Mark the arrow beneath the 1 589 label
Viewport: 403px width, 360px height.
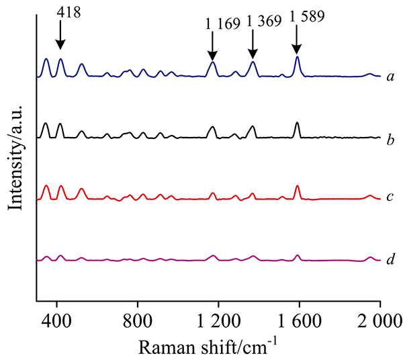296,42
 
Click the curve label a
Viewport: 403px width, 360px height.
390,76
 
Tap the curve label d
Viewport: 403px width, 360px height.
390,259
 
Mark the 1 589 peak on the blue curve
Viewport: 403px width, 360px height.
297,58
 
